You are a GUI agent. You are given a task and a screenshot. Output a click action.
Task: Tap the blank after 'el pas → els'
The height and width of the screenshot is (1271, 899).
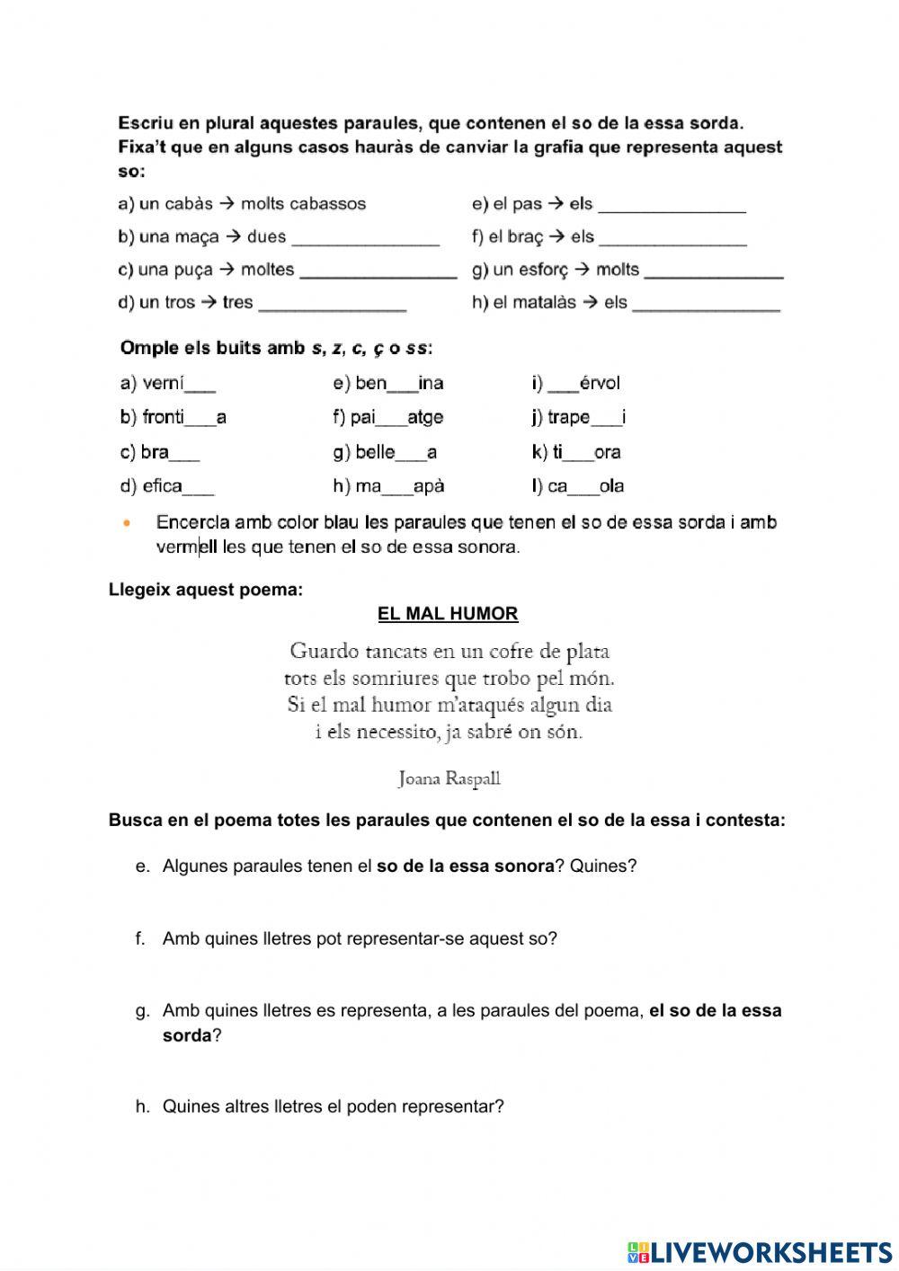point(672,206)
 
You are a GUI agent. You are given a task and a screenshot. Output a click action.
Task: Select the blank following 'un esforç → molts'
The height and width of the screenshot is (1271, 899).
point(714,271)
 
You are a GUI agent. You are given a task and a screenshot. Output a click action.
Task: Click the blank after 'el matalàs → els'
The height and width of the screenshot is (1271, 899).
point(706,304)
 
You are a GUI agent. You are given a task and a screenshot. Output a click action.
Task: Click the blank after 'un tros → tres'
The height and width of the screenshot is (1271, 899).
point(332,304)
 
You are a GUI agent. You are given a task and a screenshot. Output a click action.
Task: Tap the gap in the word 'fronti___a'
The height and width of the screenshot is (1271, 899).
point(200,418)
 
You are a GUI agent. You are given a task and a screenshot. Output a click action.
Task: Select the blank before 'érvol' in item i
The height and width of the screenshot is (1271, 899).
point(563,385)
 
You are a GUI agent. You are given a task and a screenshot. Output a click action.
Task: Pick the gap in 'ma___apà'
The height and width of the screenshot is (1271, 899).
point(397,487)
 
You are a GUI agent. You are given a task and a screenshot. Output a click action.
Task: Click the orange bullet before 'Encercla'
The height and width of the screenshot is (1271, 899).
point(127,522)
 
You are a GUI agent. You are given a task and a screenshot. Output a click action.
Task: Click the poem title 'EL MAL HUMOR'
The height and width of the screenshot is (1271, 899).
point(448,614)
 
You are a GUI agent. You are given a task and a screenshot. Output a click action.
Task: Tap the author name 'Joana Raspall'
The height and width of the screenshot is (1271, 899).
point(449,778)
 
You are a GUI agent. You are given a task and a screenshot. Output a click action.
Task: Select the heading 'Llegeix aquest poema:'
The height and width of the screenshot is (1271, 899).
point(206,590)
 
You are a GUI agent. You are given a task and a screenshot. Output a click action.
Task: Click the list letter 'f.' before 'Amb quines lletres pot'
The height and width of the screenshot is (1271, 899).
point(140,938)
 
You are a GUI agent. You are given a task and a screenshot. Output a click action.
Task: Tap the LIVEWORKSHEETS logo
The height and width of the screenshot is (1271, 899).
point(760,1251)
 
